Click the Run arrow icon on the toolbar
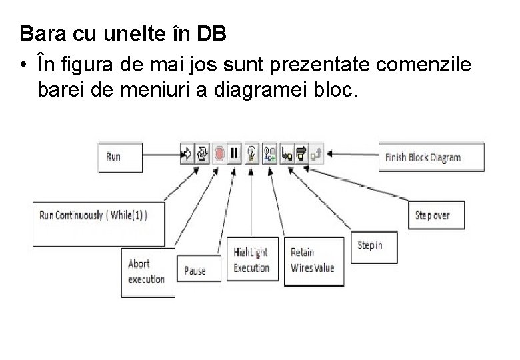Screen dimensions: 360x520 (186, 155)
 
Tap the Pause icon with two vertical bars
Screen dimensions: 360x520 (234, 155)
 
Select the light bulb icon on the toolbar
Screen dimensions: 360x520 (252, 155)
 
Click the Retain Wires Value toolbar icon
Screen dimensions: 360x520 (269, 155)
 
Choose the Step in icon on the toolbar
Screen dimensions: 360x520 (287, 155)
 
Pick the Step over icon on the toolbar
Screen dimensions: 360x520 (301, 155)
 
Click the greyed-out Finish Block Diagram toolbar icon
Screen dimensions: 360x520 (317, 155)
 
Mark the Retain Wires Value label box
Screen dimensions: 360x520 (313, 261)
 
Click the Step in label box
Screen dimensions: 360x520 (373, 246)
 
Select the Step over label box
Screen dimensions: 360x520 (436, 215)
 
